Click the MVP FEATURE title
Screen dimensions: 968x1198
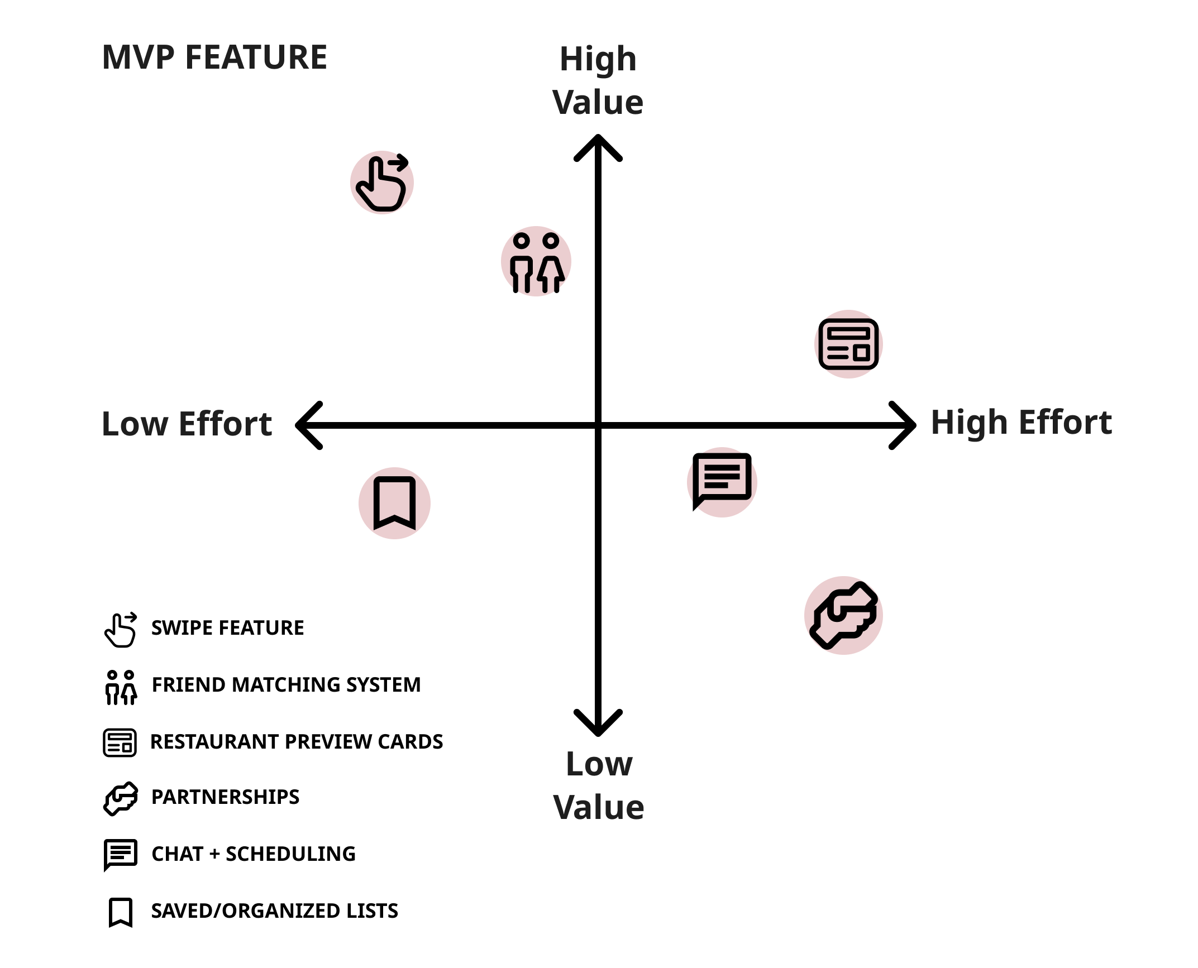click(214, 57)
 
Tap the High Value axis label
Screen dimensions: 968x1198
click(598, 80)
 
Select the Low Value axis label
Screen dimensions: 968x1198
click(599, 785)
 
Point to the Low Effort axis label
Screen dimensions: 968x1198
click(187, 424)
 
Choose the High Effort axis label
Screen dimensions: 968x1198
click(1021, 422)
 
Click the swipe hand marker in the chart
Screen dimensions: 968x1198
click(382, 183)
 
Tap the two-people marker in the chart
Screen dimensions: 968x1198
click(536, 261)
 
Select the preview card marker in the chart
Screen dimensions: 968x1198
click(848, 344)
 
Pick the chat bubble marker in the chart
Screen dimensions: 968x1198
click(722, 482)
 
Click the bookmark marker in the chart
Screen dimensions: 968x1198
click(394, 503)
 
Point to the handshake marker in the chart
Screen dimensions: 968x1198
click(844, 615)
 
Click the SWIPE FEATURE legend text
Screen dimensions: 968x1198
click(227, 628)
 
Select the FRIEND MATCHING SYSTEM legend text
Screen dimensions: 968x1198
click(286, 685)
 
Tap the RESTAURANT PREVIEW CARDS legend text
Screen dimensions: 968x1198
click(297, 742)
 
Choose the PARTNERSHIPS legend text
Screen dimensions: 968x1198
click(225, 797)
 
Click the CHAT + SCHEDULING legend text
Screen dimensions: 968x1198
click(254, 854)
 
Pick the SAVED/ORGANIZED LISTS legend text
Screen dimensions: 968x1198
click(274, 911)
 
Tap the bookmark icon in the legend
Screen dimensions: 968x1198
click(121, 912)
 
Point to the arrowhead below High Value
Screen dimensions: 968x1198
click(598, 146)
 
